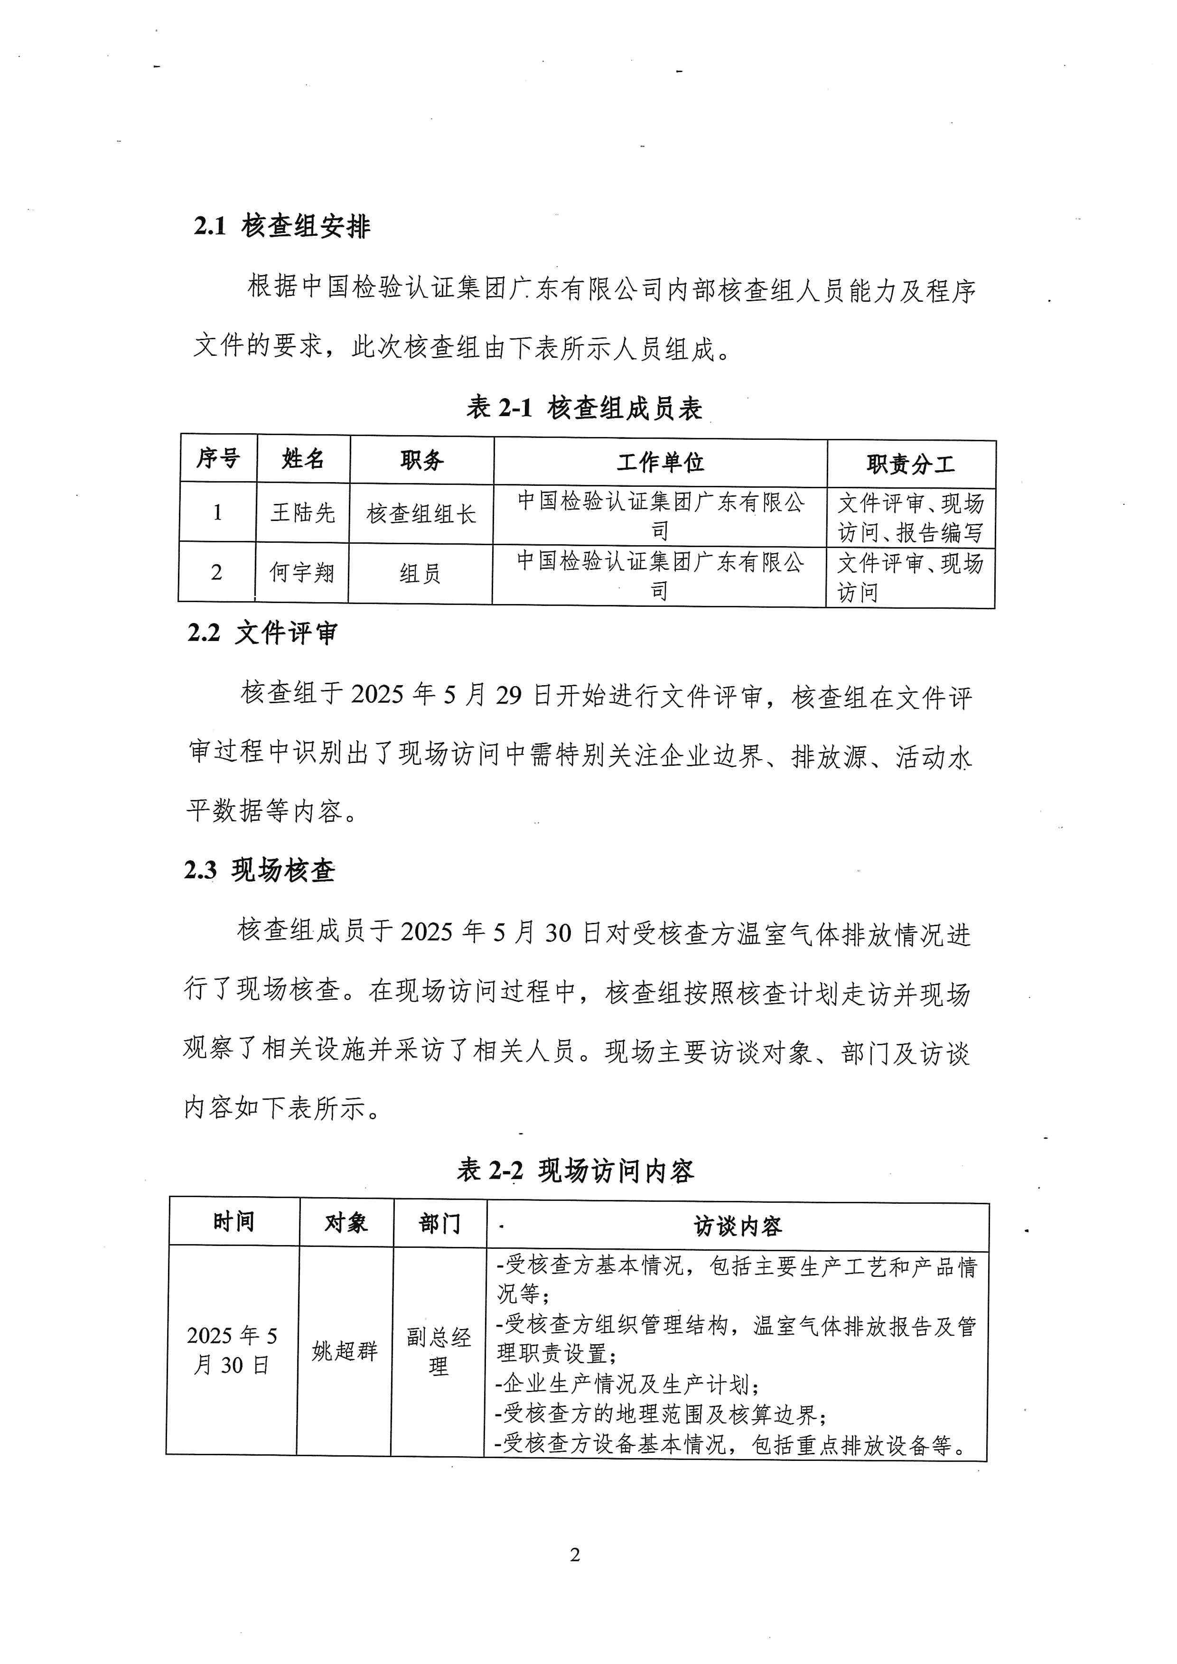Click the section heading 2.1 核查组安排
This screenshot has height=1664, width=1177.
tap(282, 226)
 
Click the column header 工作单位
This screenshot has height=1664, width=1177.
tap(660, 462)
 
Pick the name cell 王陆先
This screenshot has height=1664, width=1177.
tap(303, 513)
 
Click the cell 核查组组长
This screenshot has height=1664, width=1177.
tap(421, 514)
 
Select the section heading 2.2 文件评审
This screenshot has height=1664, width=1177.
tap(262, 632)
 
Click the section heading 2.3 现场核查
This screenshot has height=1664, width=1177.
tap(260, 870)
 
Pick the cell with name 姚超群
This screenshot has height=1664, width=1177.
tap(345, 1351)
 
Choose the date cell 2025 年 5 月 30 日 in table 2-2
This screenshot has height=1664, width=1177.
tap(232, 1350)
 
